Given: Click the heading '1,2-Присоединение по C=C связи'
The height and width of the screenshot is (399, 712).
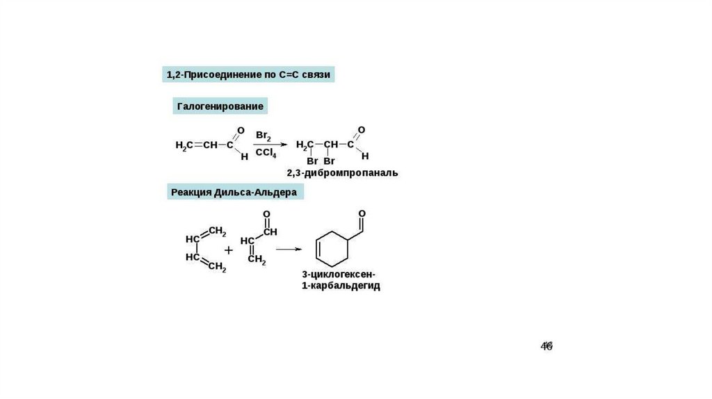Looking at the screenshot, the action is point(248,74).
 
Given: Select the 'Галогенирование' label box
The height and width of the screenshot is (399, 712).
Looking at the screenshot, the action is point(220,106).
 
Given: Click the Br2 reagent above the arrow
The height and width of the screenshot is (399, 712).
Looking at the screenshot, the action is point(264,136).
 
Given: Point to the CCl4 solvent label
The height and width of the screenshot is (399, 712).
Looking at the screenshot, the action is point(264,153).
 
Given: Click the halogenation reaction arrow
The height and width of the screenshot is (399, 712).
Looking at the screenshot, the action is point(269,145).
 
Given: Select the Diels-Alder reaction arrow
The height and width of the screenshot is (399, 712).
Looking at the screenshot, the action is point(288,248).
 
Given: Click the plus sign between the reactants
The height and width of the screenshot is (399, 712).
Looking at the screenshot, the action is point(228,248).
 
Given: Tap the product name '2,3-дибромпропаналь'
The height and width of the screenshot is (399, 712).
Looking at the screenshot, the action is point(342,172).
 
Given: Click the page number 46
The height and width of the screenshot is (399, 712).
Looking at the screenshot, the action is point(547,346).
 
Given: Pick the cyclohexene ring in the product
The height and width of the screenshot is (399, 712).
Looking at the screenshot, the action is point(332,247).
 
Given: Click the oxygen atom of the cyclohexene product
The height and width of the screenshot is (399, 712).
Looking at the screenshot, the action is point(362,213).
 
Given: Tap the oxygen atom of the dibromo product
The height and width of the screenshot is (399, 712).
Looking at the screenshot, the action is point(361,130).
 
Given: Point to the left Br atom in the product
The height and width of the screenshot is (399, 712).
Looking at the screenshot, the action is point(312,161).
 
